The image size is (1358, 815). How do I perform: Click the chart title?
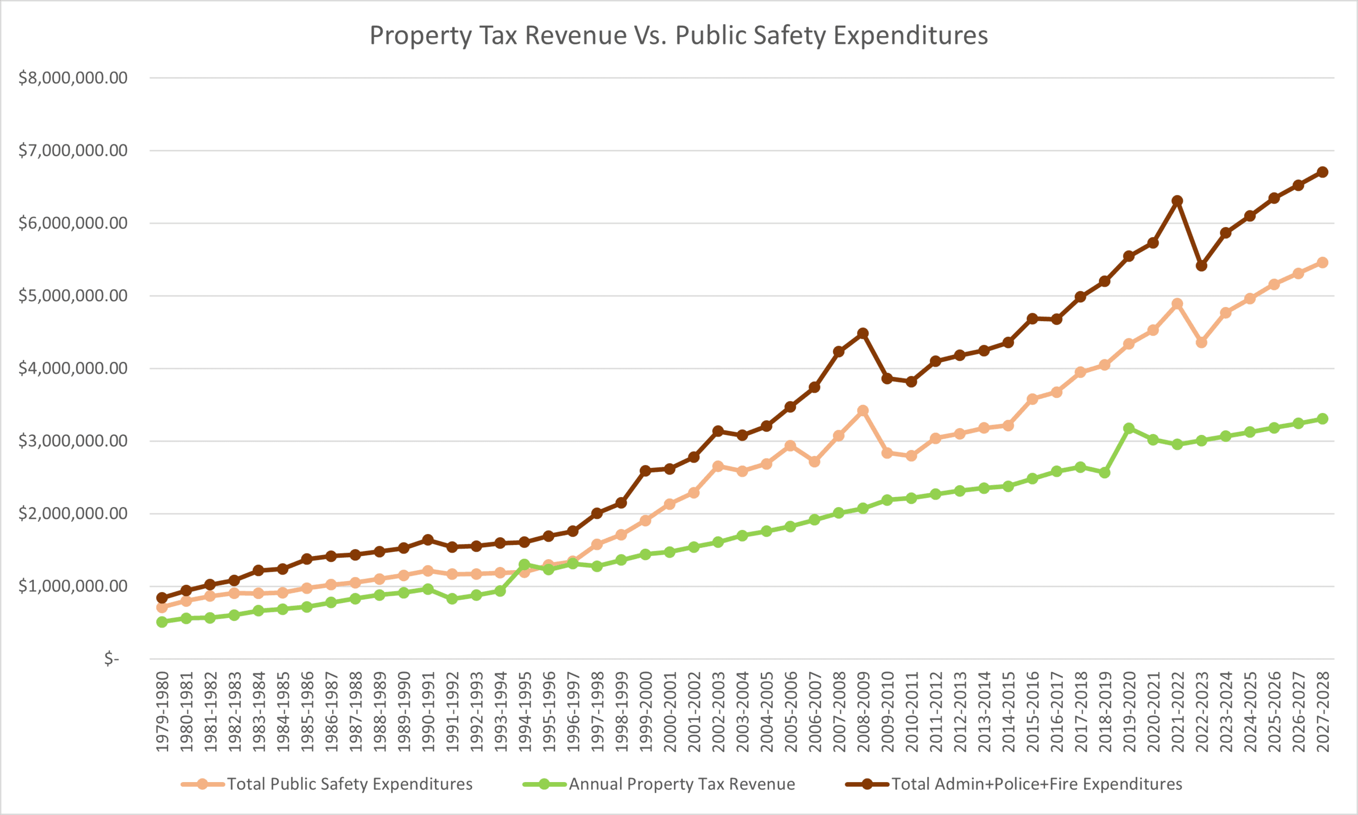(x=678, y=36)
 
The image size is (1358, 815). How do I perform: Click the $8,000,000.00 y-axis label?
(x=73, y=78)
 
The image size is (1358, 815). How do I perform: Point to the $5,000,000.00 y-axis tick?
(x=73, y=296)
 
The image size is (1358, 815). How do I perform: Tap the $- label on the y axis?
(x=112, y=658)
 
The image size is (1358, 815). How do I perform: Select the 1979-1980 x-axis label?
(x=162, y=712)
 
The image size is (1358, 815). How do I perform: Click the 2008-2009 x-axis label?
(x=863, y=712)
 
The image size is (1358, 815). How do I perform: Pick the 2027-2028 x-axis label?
(x=1322, y=712)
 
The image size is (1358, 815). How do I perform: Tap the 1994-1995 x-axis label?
(x=524, y=712)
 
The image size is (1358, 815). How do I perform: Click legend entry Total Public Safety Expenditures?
(x=349, y=784)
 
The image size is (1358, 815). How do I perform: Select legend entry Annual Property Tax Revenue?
(x=682, y=784)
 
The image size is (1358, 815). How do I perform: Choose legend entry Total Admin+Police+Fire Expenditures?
(x=1036, y=784)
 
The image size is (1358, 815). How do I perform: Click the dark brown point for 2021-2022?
(x=1177, y=201)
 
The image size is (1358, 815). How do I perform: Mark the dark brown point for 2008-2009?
(x=863, y=333)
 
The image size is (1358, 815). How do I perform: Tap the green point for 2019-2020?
(x=1129, y=428)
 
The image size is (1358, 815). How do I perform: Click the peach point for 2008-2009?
(x=863, y=411)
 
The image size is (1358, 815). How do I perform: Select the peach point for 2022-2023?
(x=1201, y=342)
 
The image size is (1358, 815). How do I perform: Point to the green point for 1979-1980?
(x=162, y=622)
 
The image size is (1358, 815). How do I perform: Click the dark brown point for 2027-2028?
(x=1322, y=172)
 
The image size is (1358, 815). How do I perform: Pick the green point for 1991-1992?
(x=452, y=599)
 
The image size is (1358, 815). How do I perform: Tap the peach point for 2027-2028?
(x=1322, y=263)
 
